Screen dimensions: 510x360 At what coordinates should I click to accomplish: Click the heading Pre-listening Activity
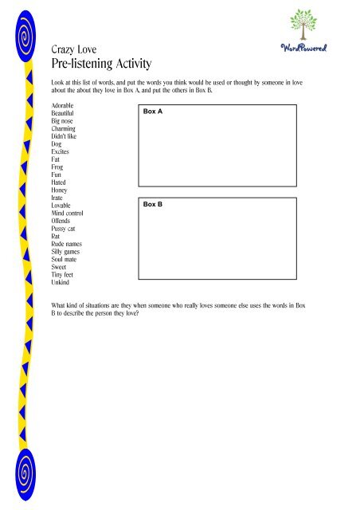point(101,63)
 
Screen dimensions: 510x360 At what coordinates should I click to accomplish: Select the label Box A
point(152,112)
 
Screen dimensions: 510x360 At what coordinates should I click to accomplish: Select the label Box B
point(152,205)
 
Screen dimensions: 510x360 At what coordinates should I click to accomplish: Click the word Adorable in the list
point(65,106)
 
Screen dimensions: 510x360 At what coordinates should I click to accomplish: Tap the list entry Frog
point(58,167)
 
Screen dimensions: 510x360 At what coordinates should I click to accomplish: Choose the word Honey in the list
point(61,190)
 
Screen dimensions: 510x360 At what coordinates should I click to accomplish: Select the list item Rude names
point(67,244)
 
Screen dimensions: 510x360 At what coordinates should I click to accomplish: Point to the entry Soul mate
point(65,259)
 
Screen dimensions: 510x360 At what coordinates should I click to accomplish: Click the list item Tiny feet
point(63,275)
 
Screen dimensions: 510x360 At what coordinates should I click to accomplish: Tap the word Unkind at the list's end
point(61,282)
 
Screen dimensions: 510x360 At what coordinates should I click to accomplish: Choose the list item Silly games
point(67,252)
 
